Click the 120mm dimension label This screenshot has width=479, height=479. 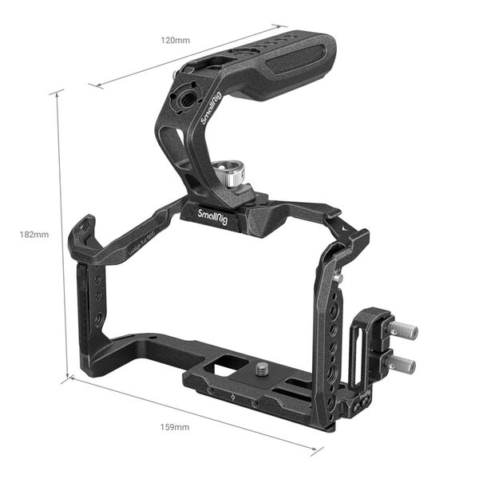pyautogui.click(x=175, y=39)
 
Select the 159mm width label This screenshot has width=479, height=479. pyautogui.click(x=176, y=427)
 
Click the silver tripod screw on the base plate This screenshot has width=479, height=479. pyautogui.click(x=260, y=369)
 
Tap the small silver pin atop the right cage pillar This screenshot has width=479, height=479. pyautogui.click(x=338, y=277)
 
